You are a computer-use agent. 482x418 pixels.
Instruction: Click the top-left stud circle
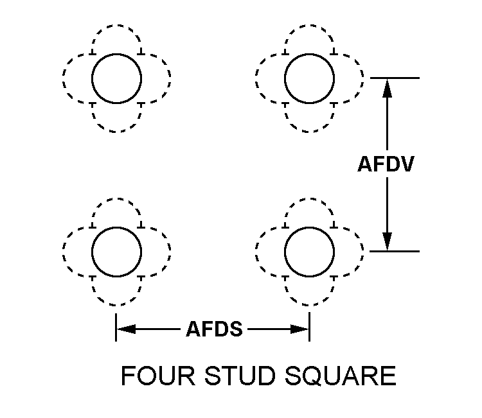116,78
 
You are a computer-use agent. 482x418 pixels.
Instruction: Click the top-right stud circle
309,78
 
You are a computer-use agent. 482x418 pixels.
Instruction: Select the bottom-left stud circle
116,251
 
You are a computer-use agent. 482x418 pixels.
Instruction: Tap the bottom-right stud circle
309,251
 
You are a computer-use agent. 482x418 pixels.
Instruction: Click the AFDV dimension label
386,164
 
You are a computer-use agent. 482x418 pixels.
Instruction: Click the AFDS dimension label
214,329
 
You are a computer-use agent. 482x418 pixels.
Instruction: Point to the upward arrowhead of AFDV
387,87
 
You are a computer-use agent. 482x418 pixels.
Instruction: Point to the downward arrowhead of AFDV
387,241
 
